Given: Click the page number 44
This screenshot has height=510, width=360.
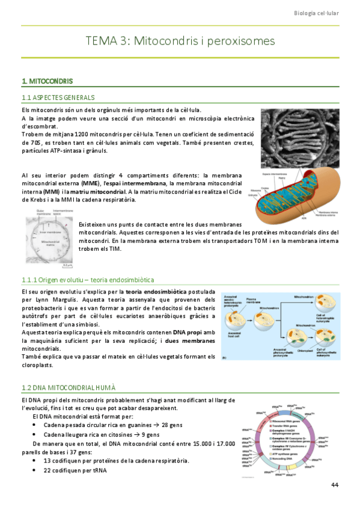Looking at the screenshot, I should coord(335,485).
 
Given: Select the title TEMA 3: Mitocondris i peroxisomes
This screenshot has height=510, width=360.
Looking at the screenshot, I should coord(180,41).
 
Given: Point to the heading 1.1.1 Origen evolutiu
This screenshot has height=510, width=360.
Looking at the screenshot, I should coord(88,280).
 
